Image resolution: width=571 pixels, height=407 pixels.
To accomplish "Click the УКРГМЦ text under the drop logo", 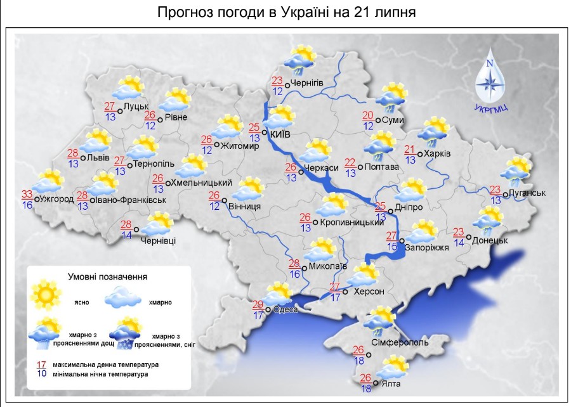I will pos(490,108).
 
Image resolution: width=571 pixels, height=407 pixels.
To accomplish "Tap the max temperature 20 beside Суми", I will pos(368,115).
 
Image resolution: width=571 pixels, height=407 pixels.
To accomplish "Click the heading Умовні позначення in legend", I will pos(108,276).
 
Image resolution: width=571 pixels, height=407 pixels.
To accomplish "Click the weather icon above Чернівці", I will pos(157,225).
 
